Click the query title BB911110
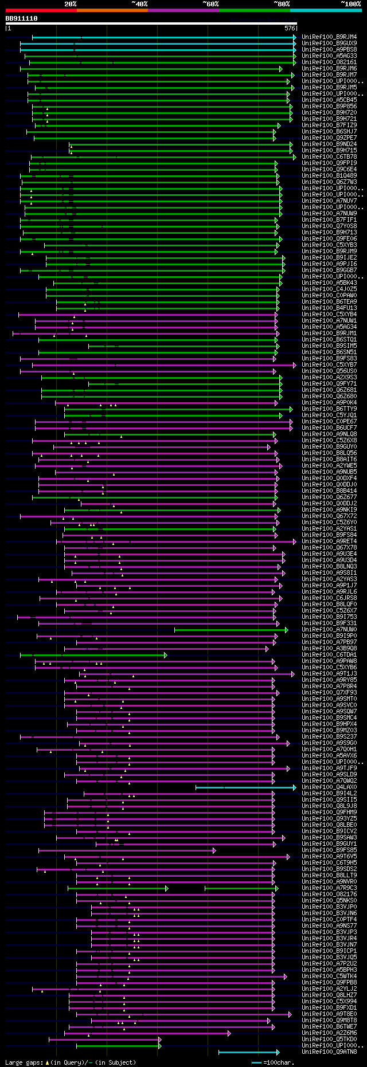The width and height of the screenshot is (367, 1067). click(22, 18)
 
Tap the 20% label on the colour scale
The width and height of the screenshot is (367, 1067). click(71, 4)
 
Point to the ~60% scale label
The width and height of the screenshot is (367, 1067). click(210, 4)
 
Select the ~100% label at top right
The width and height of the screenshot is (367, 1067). click(350, 4)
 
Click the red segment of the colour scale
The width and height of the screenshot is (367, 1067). click(41, 10)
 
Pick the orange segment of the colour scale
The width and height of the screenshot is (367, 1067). click(112, 10)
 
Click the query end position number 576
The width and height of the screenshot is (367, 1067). click(290, 28)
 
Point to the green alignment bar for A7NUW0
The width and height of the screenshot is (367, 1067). click(229, 630)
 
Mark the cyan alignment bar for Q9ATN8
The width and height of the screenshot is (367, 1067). click(248, 1052)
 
